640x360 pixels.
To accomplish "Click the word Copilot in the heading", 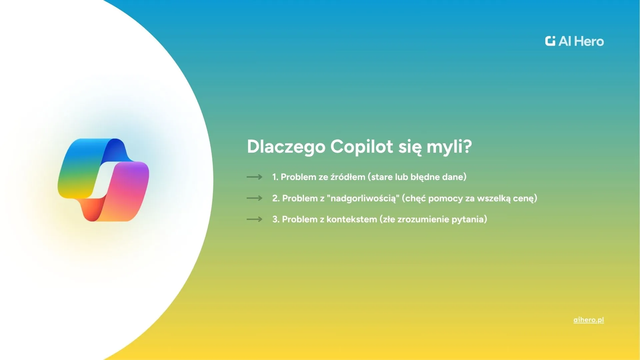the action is [362, 147].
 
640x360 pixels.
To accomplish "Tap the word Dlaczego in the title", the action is [286, 147].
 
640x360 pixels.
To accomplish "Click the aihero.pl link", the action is [589, 320].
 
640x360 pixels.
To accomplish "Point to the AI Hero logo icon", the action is [550, 41].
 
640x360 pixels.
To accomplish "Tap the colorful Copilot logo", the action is [103, 180].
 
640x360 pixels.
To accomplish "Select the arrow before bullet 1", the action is [254, 177].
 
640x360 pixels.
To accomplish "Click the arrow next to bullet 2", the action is [254, 198].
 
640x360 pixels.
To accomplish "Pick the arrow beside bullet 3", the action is [254, 219].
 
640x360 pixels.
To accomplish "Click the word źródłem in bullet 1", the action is [348, 177].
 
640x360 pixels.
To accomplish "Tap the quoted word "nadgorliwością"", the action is [363, 198].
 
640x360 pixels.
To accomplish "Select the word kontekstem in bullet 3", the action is [352, 219].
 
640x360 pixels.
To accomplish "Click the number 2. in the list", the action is [276, 198].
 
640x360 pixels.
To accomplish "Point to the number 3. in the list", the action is [276, 219].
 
